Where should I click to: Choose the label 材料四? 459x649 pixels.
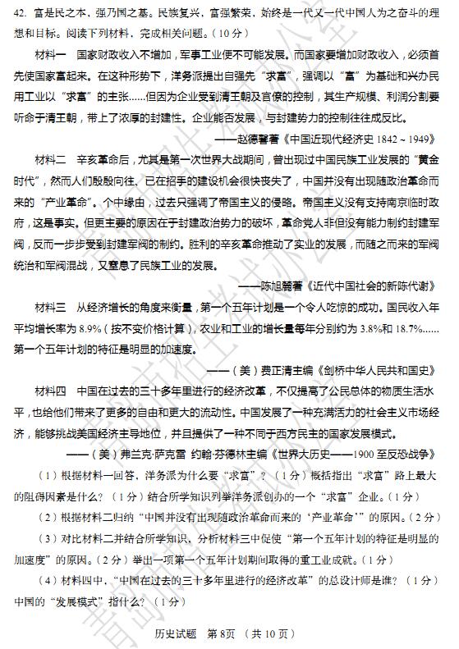[50, 388]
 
